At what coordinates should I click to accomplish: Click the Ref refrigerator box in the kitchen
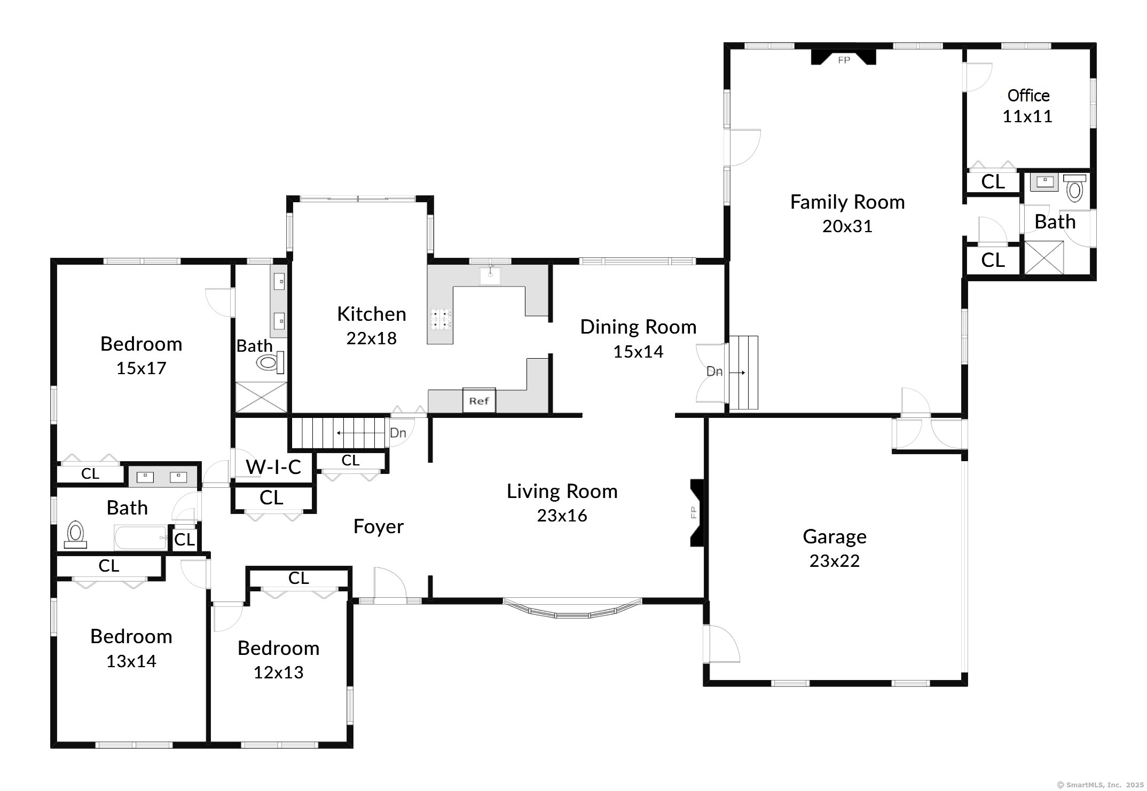point(479,400)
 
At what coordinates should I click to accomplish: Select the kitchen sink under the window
point(490,275)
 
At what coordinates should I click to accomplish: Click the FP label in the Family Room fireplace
point(844,60)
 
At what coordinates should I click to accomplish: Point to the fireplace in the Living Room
point(697,512)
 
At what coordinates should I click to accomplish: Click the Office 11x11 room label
point(1028,106)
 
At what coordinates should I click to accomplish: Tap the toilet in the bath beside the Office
point(1074,188)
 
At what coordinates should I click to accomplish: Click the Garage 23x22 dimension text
point(835,561)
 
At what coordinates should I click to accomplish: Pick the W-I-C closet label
point(273,467)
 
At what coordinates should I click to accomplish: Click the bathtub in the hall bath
point(141,537)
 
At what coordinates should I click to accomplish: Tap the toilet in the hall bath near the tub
point(75,534)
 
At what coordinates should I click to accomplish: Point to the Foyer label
point(379,527)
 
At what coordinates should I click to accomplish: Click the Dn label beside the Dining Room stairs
point(714,371)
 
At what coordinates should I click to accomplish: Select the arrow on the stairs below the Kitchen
point(360,432)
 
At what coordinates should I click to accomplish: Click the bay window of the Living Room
point(573,608)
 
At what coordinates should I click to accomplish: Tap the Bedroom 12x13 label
point(279,660)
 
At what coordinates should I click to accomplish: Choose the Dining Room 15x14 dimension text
point(638,352)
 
